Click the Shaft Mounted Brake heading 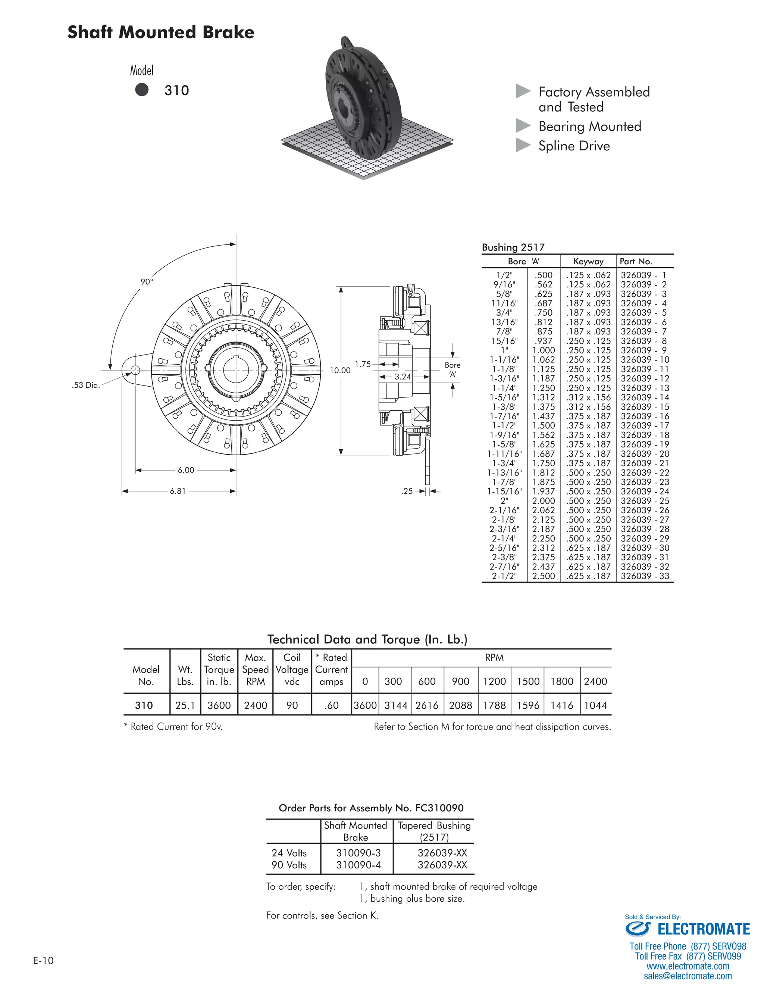161,32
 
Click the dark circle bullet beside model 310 142,90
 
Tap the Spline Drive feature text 574,146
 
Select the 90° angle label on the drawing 147,282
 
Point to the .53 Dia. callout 85,386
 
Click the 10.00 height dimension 340,371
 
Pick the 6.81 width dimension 178,491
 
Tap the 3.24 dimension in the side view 403,377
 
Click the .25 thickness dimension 407,491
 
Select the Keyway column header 588,261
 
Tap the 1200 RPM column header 494,681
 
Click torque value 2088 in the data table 460,705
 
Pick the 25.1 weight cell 185,705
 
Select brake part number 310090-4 358,865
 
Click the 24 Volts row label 289,853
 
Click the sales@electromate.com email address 688,976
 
